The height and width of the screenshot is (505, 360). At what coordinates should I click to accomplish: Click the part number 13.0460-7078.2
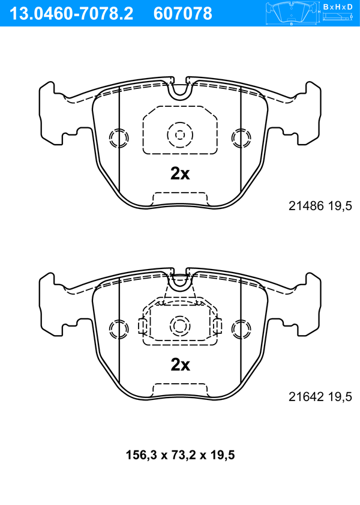[71, 14]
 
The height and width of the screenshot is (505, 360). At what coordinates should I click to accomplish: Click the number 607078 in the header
[183, 14]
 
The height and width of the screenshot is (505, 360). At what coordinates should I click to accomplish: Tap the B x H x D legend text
[338, 7]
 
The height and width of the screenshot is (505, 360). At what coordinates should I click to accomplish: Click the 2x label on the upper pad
[180, 174]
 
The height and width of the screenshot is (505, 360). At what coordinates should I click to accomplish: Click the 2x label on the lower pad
[180, 364]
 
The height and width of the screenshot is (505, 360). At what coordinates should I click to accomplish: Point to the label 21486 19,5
[320, 206]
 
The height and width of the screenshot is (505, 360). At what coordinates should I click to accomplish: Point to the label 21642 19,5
[320, 397]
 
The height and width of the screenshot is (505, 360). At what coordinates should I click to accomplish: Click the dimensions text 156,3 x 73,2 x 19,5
[180, 455]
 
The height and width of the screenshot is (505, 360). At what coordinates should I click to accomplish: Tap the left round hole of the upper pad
[119, 138]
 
